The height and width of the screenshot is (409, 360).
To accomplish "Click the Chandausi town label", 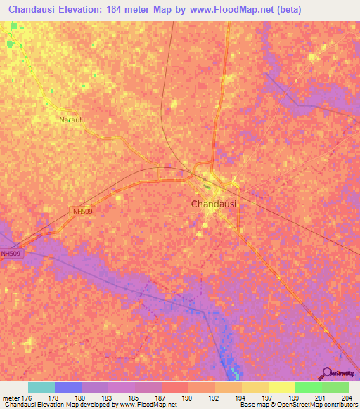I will (x=213, y=204).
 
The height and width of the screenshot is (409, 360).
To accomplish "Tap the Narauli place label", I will (x=71, y=120).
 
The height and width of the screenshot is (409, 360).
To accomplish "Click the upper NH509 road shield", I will (x=83, y=211).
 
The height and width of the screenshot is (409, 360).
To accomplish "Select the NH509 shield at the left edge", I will (x=11, y=254).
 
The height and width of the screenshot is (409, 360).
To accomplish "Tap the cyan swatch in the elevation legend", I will (x=41, y=387).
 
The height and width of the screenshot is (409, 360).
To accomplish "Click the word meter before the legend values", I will (x=11, y=397).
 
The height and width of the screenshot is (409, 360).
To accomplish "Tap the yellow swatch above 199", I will (x=282, y=387).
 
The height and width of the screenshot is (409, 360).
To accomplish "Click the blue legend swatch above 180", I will (x=68, y=387).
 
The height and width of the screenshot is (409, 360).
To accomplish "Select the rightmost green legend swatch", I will (x=335, y=387).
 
